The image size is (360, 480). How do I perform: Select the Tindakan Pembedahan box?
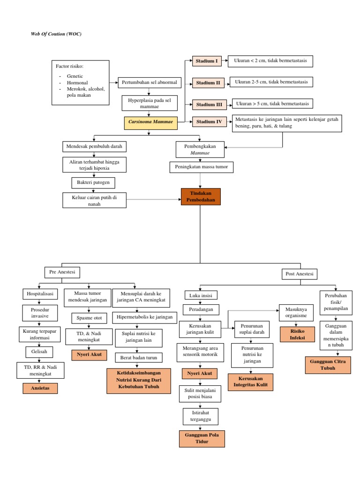pyautogui.click(x=200, y=197)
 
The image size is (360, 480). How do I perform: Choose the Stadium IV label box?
pyautogui.click(x=209, y=122)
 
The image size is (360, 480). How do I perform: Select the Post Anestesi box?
pyautogui.click(x=299, y=273)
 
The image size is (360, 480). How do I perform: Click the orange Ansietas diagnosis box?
pyautogui.click(x=40, y=388)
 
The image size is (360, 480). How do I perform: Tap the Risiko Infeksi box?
pyautogui.click(x=296, y=334)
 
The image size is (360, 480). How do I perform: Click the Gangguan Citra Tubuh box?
pyautogui.click(x=328, y=365)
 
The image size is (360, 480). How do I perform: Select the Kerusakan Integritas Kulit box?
pyautogui.click(x=250, y=382)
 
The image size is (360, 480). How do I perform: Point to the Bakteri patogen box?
pyautogui.click(x=92, y=182)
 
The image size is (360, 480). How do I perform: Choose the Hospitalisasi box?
pyautogui.click(x=39, y=294)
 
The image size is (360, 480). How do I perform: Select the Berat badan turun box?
pyautogui.click(x=139, y=358)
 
